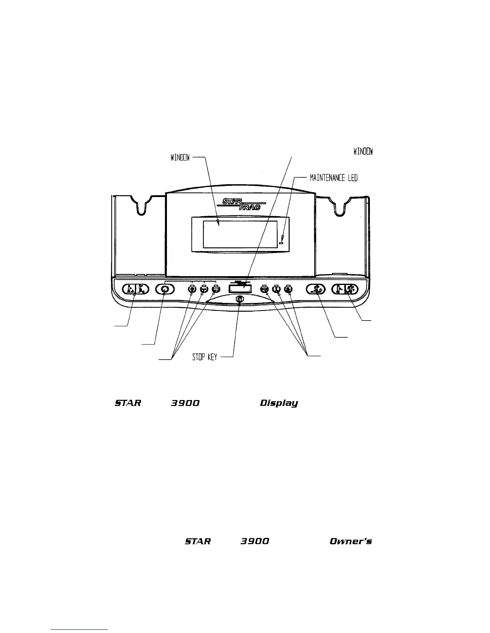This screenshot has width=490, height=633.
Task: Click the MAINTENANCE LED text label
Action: [x=334, y=177]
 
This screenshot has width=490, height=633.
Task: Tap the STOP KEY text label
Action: [x=205, y=357]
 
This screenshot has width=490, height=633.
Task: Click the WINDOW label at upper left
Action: [x=180, y=158]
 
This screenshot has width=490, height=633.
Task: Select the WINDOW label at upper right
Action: [x=363, y=151]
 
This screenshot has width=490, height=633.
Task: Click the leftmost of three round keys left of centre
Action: [x=193, y=289]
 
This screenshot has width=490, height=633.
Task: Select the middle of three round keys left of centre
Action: [x=204, y=289]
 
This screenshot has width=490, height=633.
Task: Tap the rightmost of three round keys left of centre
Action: [x=216, y=289]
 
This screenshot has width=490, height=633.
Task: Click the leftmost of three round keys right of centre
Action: [x=264, y=289]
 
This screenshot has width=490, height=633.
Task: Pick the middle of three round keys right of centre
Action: [x=276, y=289]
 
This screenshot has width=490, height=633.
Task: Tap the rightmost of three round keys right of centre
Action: [x=288, y=289]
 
